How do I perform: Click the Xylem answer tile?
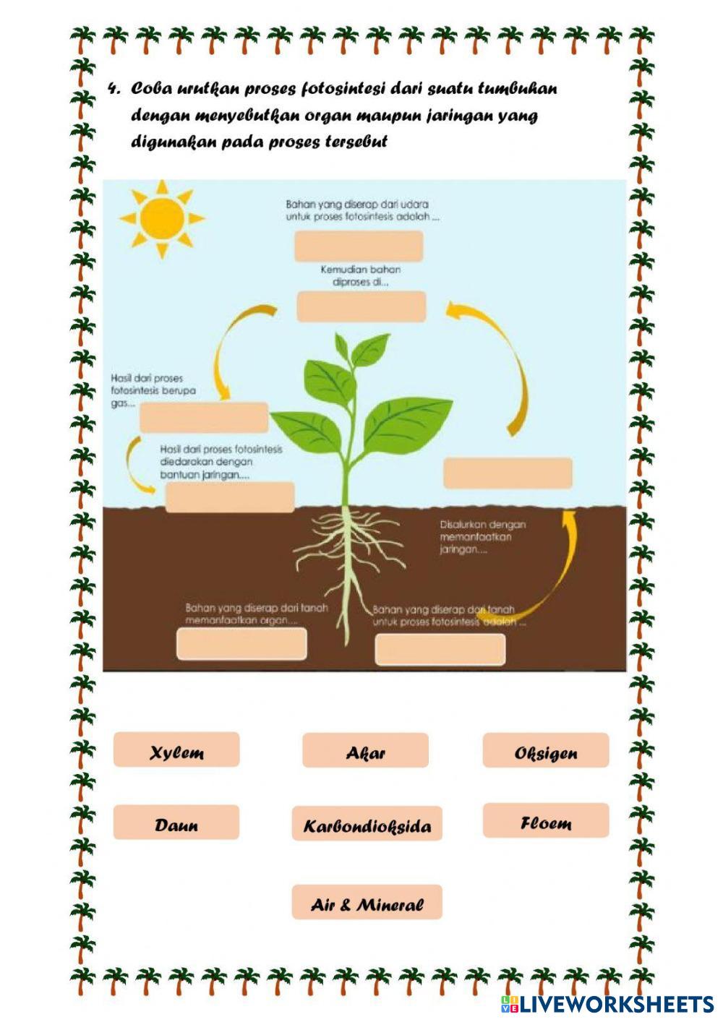pos(176,750)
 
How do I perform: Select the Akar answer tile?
pos(365,750)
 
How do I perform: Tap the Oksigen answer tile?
pos(546,750)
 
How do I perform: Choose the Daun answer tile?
pos(176,823)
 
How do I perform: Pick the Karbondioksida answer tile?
pos(367,824)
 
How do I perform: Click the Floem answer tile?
pos(546,821)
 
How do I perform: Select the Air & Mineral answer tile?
pos(367,902)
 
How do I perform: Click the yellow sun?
pos(161,218)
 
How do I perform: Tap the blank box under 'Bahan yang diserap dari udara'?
pos(359,246)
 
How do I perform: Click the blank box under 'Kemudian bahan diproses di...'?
pos(361,306)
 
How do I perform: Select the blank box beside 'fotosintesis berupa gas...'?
pos(204,418)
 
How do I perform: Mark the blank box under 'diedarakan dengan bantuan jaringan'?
pos(230,497)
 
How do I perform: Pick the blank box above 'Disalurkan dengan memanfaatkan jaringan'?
pos(508,473)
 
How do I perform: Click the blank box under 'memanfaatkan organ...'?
pos(241,643)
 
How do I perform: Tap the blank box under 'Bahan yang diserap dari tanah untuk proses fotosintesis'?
pos(440,648)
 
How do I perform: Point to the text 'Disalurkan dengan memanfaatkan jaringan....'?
pos(482,537)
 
